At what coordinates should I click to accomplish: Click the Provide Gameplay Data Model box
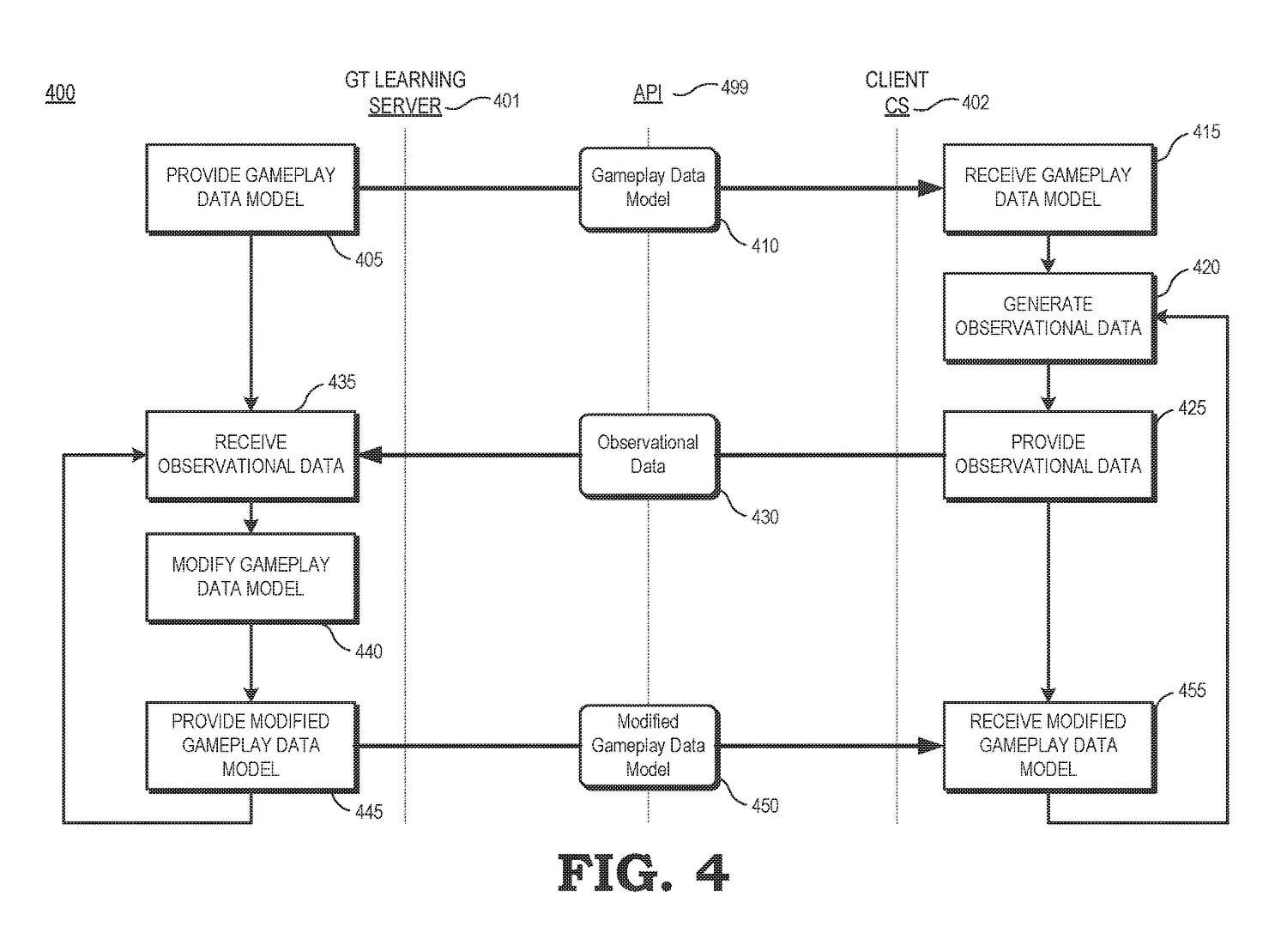(x=251, y=188)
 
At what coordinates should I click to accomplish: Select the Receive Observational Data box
(x=251, y=455)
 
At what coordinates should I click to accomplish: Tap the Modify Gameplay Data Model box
(x=251, y=577)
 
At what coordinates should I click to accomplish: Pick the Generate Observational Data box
(x=1048, y=317)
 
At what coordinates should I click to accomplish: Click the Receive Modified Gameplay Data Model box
(x=1048, y=745)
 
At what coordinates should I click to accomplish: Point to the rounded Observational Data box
(x=648, y=455)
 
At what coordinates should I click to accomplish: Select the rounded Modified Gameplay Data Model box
(x=648, y=746)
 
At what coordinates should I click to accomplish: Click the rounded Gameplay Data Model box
(x=648, y=188)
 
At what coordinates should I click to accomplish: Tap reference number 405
(x=369, y=259)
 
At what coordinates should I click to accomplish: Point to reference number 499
(x=734, y=88)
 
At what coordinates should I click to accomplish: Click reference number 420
(x=1205, y=267)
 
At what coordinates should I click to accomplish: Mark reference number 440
(x=369, y=651)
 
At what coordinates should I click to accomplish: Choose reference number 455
(x=1192, y=690)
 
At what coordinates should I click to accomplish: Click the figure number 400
(x=60, y=93)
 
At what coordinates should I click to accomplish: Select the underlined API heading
(x=648, y=93)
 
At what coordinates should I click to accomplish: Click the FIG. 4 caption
(x=643, y=874)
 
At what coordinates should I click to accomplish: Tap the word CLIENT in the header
(x=897, y=81)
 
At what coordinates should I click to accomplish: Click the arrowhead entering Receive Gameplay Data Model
(x=931, y=188)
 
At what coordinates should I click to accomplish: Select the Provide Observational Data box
(x=1048, y=455)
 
